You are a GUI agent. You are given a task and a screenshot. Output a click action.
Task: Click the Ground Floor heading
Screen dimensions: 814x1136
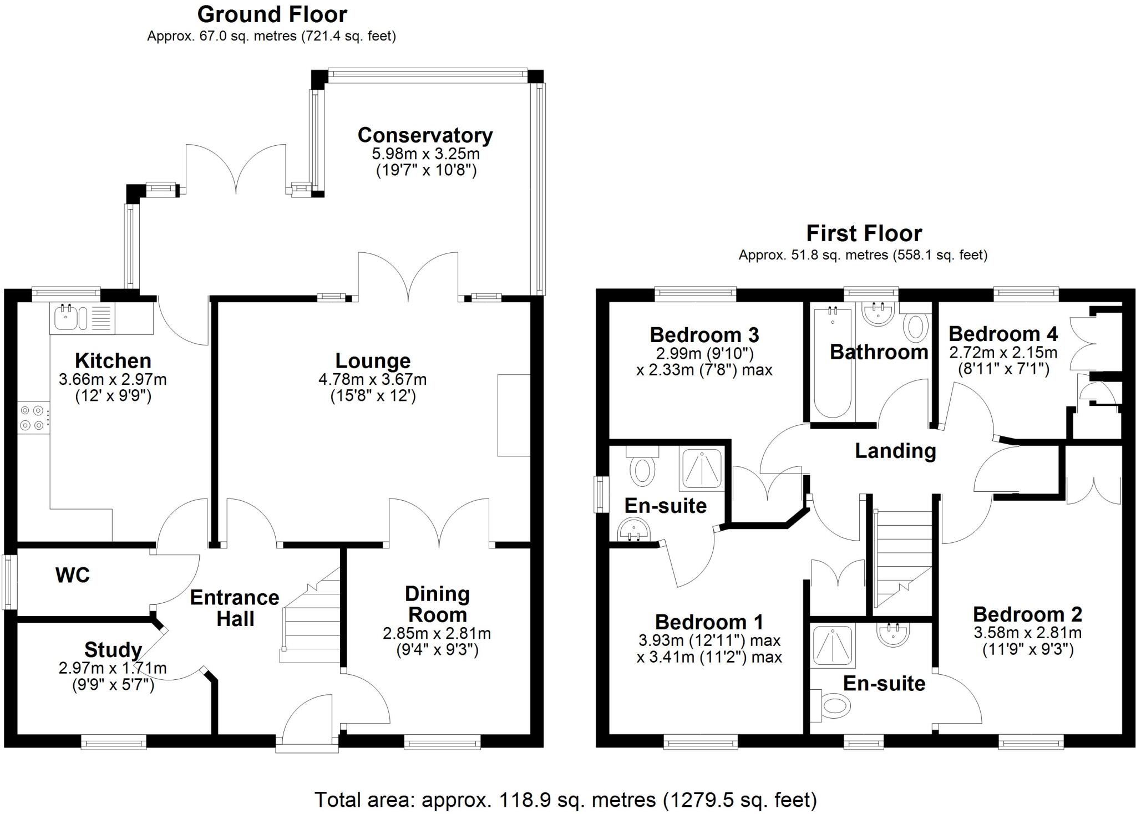[x=272, y=14]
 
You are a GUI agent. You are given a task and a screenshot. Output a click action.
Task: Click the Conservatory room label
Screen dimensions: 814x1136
[x=425, y=135]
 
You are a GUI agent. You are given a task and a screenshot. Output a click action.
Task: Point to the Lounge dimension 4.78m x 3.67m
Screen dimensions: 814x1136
[x=372, y=380]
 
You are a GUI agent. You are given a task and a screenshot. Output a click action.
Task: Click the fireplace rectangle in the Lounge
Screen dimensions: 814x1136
[x=514, y=415]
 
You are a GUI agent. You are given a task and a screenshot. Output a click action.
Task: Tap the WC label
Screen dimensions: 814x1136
[x=72, y=576]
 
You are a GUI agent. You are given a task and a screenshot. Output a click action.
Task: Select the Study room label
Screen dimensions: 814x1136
[x=113, y=649]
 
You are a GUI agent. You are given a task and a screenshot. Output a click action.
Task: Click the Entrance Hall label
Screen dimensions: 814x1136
[x=235, y=608]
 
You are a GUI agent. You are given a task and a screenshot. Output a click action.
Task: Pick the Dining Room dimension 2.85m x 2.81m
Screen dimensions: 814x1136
[x=437, y=633]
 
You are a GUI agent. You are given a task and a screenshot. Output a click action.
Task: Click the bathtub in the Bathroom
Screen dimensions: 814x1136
[x=832, y=363]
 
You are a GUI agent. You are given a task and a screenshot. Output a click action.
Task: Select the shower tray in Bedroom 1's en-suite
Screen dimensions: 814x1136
[x=702, y=469]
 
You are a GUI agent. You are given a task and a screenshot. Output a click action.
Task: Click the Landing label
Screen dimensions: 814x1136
[x=895, y=451]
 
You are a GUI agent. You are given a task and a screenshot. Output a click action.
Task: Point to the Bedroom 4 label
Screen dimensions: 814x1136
[x=1003, y=334]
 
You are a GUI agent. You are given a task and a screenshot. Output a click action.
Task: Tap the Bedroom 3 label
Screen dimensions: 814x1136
[x=704, y=335]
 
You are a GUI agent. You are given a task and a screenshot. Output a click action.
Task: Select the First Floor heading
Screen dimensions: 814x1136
[x=864, y=233]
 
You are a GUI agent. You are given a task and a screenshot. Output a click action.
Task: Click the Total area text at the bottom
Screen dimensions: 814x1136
[x=565, y=800]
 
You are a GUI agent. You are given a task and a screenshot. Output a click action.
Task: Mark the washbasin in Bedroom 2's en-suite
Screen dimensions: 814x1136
[x=893, y=635]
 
